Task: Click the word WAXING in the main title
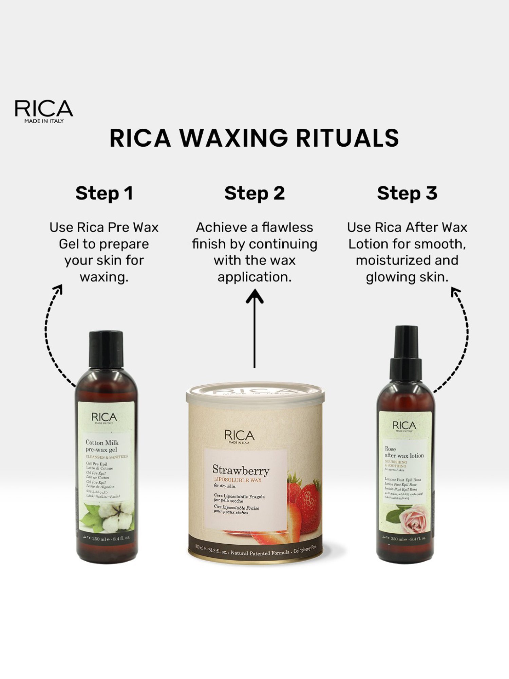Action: tap(233, 138)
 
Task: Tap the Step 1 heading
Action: tap(104, 194)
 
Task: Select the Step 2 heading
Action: tap(254, 194)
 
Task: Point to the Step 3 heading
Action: tap(407, 194)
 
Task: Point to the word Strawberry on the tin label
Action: tap(241, 470)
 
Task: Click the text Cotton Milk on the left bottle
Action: tap(102, 442)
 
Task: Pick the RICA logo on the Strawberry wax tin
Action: tap(239, 436)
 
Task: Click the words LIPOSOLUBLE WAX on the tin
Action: tap(238, 480)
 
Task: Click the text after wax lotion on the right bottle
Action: tap(404, 455)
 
